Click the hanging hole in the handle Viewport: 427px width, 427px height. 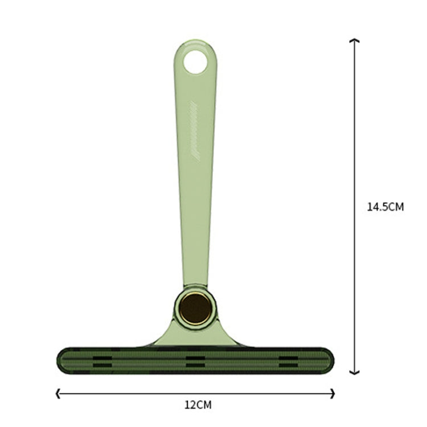[x=195, y=62]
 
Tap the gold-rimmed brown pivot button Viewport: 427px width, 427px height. [x=195, y=309]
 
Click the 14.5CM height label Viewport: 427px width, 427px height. [x=385, y=207]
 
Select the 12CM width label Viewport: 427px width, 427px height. [x=198, y=405]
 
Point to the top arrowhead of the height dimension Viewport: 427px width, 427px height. [x=354, y=40]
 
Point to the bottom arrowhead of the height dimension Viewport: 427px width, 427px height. [x=354, y=372]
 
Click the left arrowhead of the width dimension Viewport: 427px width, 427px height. [x=57, y=393]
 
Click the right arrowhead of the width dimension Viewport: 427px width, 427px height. [x=333, y=393]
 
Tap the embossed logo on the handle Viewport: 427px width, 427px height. [x=195, y=132]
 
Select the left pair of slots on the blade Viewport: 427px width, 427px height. [x=102, y=362]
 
